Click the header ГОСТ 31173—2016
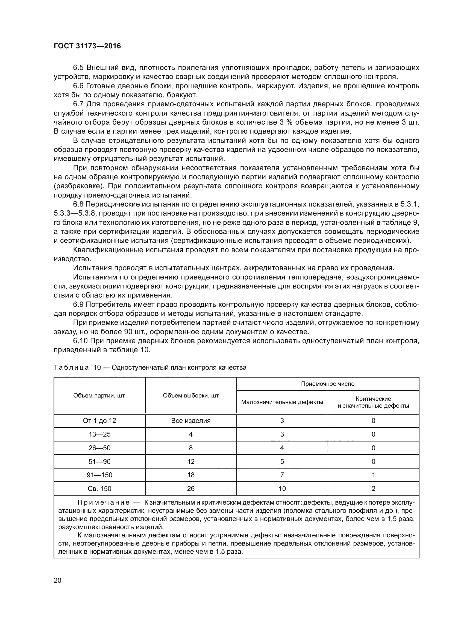coord(87,46)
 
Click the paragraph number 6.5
coord(78,68)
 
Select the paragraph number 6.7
coord(78,104)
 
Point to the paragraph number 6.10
coord(80,341)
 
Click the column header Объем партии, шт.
coord(99,396)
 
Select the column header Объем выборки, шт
coord(191,396)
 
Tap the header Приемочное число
coord(328,384)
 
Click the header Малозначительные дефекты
coord(282,402)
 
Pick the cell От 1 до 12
coord(99,421)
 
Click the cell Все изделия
coord(191,421)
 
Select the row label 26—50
coord(99,448)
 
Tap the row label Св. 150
coord(99,489)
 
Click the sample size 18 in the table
coord(191,475)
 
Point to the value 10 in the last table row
coord(282,489)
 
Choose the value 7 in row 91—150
coord(282,475)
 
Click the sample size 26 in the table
coord(191,489)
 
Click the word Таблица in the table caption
coord(71,368)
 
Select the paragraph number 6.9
coord(78,304)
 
